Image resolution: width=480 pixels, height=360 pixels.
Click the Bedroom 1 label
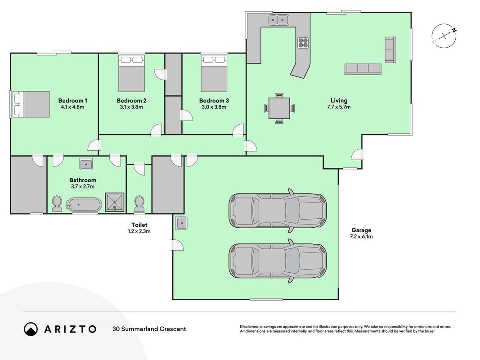click(73, 100)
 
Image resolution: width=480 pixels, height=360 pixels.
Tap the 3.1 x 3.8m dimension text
click(131, 107)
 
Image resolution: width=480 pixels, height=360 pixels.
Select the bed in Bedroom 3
click(214, 73)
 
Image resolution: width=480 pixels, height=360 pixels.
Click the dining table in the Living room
click(279, 108)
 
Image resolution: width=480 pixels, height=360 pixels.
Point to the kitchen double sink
click(279, 20)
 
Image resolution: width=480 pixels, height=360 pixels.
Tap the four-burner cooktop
click(303, 43)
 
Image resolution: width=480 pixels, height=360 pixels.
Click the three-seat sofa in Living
click(363, 69)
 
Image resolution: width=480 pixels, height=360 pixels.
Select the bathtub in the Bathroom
click(84, 205)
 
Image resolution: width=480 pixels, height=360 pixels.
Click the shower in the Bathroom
click(115, 202)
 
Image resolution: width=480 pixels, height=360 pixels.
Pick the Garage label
click(361, 230)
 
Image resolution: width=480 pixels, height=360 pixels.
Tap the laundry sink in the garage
click(182, 223)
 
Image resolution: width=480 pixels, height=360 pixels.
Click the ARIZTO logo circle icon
click(31, 329)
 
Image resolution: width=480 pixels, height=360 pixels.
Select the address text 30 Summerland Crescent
click(149, 329)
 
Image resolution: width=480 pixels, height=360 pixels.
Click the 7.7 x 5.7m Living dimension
click(339, 107)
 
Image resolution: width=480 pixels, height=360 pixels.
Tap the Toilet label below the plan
click(139, 225)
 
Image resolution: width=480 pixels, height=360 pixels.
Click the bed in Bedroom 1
click(31, 104)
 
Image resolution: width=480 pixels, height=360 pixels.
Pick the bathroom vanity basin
click(86, 164)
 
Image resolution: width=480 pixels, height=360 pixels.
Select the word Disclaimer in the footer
click(250, 327)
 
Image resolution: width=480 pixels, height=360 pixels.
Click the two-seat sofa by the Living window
click(390, 50)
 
